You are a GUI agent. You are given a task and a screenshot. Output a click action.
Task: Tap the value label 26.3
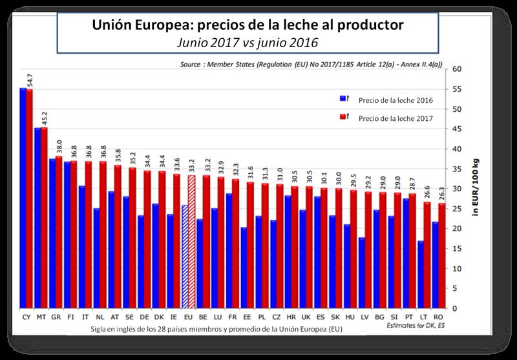pos(441,194)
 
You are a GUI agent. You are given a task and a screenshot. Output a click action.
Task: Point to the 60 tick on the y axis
pos(457,69)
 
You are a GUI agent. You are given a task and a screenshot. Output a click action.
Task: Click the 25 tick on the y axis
pos(457,208)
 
